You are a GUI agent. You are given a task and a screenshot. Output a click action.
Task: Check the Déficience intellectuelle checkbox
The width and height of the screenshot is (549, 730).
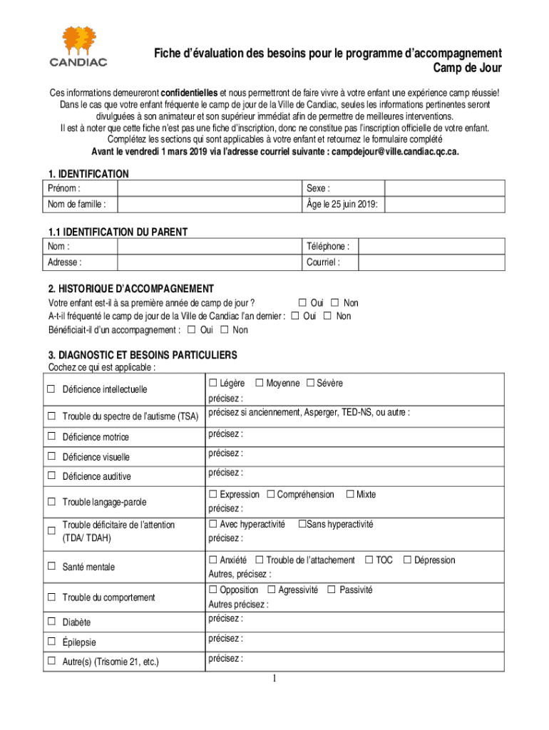51,389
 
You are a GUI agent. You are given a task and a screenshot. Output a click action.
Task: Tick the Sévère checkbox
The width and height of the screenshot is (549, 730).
311,384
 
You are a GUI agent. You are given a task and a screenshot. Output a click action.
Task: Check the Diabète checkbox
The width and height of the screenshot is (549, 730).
51,622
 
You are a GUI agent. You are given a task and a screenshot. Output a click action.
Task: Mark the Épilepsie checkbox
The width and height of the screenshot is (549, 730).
51,642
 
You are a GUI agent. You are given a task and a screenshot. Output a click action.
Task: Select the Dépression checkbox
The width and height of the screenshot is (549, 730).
408,560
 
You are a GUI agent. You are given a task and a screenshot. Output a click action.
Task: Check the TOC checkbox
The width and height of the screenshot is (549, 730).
369,560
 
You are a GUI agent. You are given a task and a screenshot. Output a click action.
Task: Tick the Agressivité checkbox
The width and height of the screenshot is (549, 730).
272,590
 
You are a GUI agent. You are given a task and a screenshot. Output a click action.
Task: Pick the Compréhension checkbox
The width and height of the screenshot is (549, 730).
271,494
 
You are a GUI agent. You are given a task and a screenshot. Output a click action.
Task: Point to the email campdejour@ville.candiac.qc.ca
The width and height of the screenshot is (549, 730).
396,152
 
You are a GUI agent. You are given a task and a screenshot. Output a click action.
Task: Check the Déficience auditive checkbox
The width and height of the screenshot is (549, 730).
51,475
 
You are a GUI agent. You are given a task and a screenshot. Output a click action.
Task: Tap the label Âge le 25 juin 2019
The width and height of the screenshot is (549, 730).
342,205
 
